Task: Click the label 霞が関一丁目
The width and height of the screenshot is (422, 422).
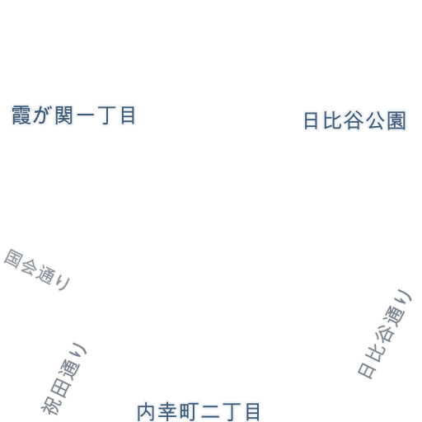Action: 73,115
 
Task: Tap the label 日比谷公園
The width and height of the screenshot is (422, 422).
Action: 354,120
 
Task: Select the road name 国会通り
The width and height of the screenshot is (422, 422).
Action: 37,270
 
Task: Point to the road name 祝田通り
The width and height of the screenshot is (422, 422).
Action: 63,378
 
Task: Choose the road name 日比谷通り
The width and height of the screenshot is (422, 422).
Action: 385,334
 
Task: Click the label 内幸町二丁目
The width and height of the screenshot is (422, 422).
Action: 199,412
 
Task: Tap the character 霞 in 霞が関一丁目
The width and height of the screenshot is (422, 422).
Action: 21,115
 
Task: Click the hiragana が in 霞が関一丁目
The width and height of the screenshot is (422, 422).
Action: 43,115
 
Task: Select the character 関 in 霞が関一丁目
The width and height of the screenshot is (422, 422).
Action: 63,115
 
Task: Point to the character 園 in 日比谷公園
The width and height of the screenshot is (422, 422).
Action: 396,120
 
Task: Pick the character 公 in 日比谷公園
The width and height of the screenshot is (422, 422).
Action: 376,120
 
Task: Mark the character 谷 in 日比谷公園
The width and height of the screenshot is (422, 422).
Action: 355,120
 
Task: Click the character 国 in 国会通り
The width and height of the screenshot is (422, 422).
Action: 13,258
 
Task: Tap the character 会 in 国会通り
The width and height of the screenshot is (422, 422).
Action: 30,266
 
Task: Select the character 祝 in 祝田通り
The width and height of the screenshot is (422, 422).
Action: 50,405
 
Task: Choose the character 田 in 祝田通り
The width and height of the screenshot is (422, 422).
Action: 59,388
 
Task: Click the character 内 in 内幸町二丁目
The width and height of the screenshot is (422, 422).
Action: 146,412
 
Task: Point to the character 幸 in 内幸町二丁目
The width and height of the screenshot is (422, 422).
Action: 166,412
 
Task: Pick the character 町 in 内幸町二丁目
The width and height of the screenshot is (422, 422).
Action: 188,412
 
